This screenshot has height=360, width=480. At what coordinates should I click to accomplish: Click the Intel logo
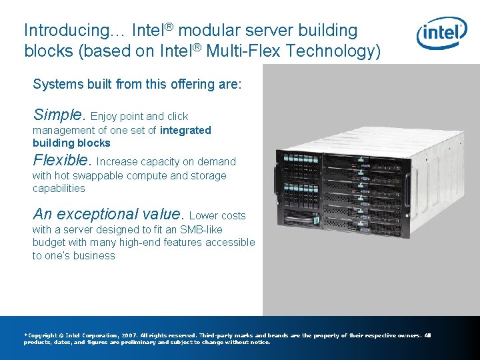(441, 33)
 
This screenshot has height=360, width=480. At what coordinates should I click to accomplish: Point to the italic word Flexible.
(61, 160)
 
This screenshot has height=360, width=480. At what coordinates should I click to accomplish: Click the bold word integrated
(185, 130)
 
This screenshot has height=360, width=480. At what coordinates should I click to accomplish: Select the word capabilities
(59, 189)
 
